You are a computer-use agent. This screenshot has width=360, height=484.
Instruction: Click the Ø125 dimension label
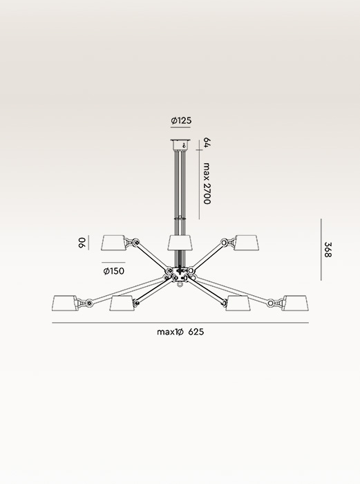(x=180, y=121)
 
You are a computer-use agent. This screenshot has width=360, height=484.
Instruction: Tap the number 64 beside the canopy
(x=207, y=145)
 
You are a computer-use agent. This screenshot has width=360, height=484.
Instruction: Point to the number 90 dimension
(x=82, y=243)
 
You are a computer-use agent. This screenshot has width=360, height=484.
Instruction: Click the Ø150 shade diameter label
(x=113, y=272)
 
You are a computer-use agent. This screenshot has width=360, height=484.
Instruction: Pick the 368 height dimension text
(x=329, y=250)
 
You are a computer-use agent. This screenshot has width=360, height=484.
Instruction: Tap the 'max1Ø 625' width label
(x=180, y=332)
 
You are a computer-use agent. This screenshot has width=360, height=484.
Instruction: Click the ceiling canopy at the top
(x=180, y=145)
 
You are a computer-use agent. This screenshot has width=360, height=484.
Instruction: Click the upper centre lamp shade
(x=180, y=243)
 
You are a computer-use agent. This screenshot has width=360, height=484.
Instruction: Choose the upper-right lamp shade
(x=245, y=243)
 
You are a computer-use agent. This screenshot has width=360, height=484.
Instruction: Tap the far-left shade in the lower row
(x=67, y=304)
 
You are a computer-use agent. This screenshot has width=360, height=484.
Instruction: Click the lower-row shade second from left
(x=122, y=304)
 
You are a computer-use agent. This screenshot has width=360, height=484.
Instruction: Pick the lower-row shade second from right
(x=238, y=304)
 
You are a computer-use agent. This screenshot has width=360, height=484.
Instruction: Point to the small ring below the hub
(x=180, y=283)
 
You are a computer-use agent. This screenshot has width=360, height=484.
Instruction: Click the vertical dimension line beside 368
(x=322, y=250)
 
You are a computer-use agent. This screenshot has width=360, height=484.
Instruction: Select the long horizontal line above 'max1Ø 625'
(x=180, y=322)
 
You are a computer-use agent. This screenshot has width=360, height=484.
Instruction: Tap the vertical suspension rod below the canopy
(x=180, y=183)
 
